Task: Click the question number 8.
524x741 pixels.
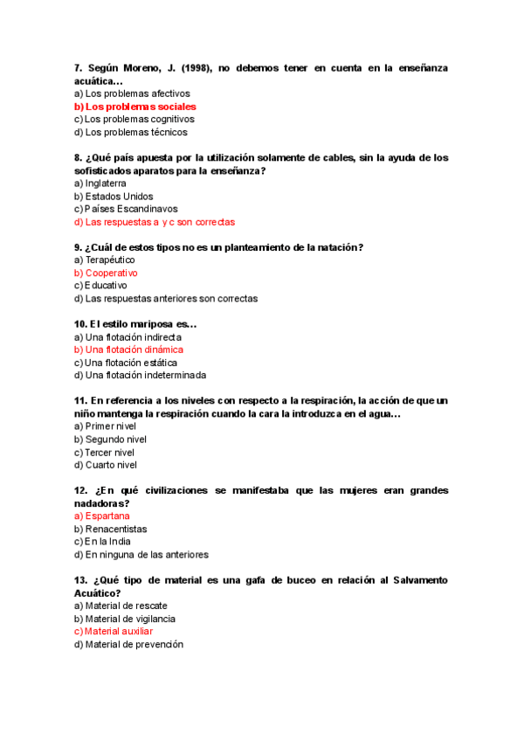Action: [79, 158]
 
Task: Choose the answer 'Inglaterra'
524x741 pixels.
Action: [105, 184]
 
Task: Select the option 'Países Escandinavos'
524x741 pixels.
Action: [131, 209]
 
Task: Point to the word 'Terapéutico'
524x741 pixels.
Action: [110, 260]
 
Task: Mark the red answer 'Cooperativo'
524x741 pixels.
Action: [111, 273]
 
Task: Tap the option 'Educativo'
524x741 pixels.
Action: [106, 286]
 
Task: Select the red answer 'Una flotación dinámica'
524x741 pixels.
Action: [134, 350]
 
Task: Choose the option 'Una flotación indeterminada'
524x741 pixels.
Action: [145, 375]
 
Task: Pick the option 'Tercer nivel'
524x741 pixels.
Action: [109, 453]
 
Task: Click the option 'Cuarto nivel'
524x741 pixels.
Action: [111, 465]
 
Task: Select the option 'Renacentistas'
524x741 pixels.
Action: [116, 529]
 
